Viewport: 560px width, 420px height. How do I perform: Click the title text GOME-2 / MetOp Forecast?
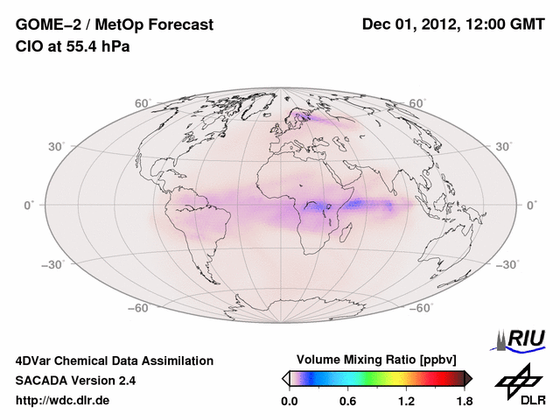point(114,25)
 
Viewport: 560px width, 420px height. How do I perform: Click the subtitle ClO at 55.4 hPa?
point(73,46)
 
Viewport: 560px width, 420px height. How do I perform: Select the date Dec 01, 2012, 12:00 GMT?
point(452,25)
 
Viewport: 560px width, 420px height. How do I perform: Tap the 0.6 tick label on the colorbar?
point(347,402)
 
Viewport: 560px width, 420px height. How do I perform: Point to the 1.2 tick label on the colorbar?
point(406,402)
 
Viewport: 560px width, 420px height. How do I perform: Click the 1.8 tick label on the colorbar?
point(464,402)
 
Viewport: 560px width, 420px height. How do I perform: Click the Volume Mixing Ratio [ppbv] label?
point(377,360)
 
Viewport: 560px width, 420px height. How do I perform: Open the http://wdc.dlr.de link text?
point(63,402)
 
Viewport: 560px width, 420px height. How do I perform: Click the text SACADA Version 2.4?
point(75,381)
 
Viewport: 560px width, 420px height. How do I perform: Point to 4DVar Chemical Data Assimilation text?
point(114,360)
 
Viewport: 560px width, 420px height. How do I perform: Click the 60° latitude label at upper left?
point(143,103)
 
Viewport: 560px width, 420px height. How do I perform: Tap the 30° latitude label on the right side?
point(504,146)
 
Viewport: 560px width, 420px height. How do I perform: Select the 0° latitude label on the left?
point(29,205)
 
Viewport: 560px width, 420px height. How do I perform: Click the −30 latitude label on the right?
point(507,264)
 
